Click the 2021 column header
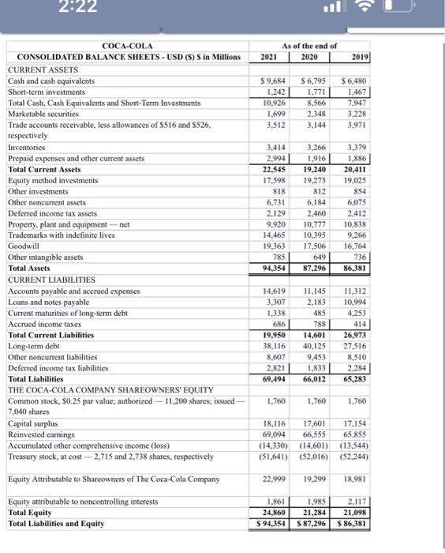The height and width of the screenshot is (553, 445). click(269, 58)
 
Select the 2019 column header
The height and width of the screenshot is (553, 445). click(360, 58)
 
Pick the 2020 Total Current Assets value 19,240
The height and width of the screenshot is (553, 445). click(316, 170)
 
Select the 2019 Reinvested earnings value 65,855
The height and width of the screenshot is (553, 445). click(358, 435)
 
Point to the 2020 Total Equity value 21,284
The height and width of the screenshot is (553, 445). click(316, 512)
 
